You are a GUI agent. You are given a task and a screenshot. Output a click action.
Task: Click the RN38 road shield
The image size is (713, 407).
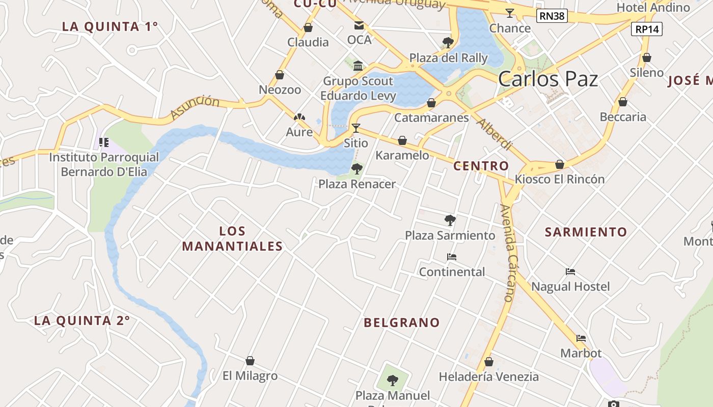click(x=552, y=16)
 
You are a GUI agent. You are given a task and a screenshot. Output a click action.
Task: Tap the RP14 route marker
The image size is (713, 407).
click(x=647, y=30)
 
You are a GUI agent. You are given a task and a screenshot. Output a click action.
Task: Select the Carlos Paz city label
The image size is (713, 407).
click(x=547, y=79)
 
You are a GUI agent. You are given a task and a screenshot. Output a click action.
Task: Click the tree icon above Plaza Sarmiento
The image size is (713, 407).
click(x=450, y=220)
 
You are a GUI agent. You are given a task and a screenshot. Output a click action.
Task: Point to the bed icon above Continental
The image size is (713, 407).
click(x=451, y=257)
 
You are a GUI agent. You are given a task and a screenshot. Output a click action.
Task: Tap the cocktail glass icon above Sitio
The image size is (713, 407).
click(x=355, y=128)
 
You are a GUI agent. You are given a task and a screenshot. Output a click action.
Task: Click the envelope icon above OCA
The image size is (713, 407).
click(x=359, y=25)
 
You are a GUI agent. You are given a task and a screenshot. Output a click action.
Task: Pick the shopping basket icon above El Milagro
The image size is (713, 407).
click(x=250, y=361)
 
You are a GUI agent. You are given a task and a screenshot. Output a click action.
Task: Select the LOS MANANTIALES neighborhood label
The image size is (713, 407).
click(x=232, y=239)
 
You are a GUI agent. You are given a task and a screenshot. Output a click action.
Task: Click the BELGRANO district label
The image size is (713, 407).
click(x=402, y=323)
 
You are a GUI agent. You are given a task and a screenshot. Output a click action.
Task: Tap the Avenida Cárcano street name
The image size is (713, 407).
click(x=507, y=253)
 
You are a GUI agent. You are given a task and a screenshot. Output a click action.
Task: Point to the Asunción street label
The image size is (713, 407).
click(x=195, y=107)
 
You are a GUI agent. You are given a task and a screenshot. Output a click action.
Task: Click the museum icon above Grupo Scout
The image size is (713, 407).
click(x=358, y=66)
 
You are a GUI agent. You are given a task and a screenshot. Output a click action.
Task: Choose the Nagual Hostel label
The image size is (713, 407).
click(x=570, y=286)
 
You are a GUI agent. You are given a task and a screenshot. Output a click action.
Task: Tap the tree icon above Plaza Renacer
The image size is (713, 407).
click(x=356, y=168)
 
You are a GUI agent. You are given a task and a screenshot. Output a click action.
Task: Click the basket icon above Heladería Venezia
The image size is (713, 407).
click(x=488, y=362)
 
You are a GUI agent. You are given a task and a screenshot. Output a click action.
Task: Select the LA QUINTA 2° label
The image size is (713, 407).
click(x=82, y=321)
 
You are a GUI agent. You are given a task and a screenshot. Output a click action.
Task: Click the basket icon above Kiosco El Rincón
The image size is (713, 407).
click(x=559, y=164)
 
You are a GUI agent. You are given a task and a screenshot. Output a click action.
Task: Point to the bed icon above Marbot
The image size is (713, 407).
click(x=581, y=338)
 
